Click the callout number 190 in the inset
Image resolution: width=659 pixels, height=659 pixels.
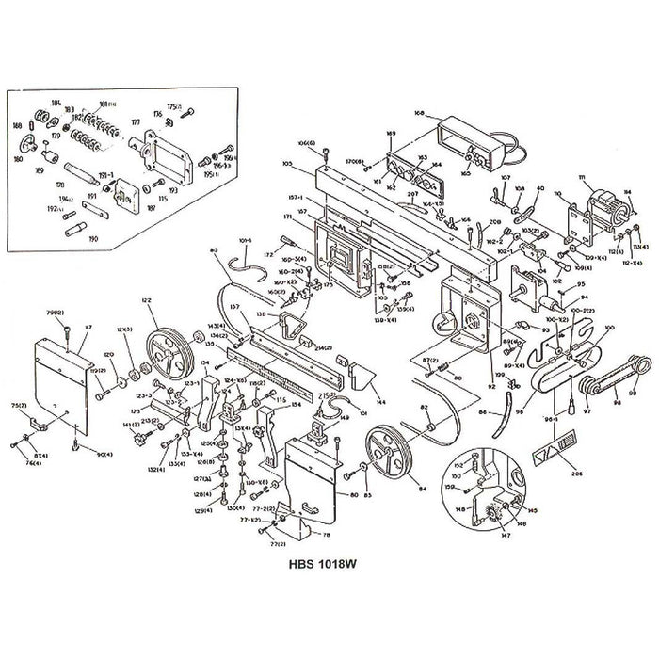tap(91, 239)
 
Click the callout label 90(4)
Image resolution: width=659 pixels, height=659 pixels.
tap(104, 455)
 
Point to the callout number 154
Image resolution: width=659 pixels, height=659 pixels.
tap(296, 405)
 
